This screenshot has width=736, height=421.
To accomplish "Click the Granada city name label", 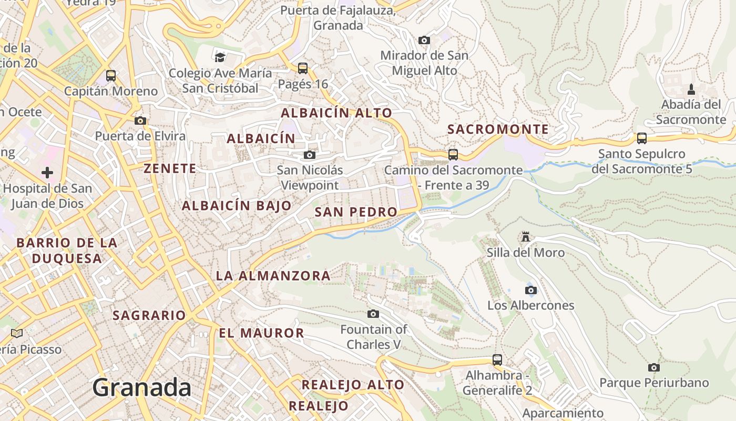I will point(142,388).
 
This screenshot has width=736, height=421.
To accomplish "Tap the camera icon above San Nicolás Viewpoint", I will point(310,155).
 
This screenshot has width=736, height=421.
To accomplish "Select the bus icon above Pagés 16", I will point(302,68).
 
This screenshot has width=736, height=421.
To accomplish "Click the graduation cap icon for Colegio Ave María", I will point(220,57).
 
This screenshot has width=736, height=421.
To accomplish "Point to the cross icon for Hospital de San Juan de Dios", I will point(47,172).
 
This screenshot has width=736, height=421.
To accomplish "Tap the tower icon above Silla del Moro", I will point(525,237).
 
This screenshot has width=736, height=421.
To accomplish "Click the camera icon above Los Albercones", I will point(531,290).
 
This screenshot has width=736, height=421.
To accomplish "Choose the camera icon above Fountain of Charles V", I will point(373,314).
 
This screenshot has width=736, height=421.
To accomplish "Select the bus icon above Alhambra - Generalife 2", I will point(497,360).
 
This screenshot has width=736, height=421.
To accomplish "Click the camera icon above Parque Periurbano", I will point(654,367).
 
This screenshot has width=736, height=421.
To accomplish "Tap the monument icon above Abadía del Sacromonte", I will point(691,89).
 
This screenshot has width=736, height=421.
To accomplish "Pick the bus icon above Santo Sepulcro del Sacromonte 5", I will point(642,138).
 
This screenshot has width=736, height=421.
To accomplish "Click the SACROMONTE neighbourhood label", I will point(498,129).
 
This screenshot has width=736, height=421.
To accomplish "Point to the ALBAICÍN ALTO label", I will point(336,113).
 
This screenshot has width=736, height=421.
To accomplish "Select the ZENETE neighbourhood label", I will point(170,168).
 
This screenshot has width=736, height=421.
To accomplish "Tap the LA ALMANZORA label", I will point(273,276).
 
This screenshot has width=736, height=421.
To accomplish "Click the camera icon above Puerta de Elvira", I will point(140,121).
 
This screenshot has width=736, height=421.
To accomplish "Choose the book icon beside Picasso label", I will point(17,333).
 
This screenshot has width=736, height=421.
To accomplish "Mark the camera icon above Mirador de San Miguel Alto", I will point(424,40).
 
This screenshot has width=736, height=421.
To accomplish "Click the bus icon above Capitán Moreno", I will point(111,75).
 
